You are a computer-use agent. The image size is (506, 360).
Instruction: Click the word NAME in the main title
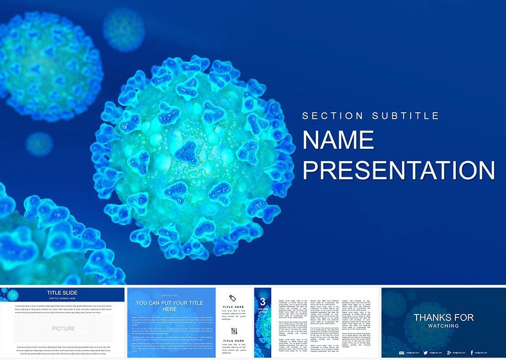click(338, 140)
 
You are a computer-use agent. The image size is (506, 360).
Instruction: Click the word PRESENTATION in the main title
click(398, 170)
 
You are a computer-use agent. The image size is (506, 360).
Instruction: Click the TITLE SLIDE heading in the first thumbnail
click(62, 293)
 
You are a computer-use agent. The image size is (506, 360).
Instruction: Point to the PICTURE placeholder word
click(63, 328)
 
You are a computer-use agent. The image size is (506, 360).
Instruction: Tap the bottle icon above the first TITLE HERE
click(234, 298)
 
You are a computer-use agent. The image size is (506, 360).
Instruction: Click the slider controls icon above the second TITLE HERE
click(234, 331)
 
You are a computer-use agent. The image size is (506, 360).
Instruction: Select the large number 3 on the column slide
click(263, 301)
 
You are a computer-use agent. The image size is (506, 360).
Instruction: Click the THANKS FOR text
click(444, 317)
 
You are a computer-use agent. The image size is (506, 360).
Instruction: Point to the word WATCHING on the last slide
click(444, 326)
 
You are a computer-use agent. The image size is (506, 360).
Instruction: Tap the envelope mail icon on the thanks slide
click(401, 353)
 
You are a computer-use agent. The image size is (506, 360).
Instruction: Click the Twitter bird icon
click(424, 353)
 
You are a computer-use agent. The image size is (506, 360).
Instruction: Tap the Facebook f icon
click(471, 353)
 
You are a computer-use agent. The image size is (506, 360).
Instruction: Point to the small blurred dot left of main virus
click(39, 143)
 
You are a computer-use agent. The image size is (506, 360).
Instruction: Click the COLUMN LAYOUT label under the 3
click(263, 311)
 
